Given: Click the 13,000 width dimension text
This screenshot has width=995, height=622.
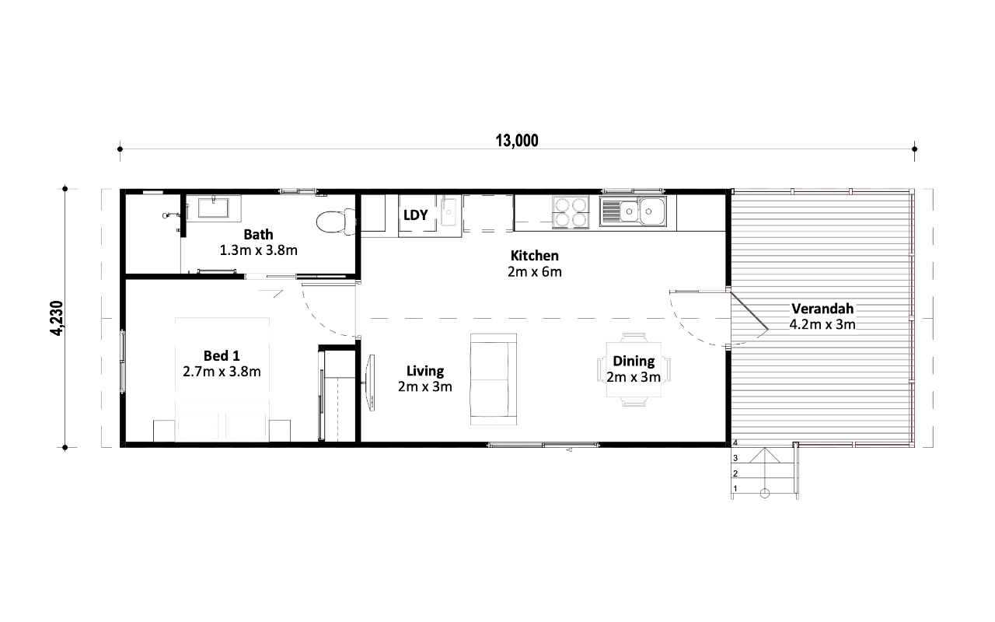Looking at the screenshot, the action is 517,141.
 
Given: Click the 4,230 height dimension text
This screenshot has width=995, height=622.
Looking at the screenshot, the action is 57,318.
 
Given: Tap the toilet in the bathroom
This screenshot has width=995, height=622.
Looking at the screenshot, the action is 336,222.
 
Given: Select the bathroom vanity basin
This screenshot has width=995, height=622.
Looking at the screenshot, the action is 213,208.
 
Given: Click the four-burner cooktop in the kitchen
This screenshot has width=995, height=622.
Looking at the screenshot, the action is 571,212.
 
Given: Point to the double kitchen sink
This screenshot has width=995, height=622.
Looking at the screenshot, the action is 633,211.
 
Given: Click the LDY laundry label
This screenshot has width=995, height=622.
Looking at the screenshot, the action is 415,215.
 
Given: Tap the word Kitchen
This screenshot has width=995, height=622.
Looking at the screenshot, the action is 534,256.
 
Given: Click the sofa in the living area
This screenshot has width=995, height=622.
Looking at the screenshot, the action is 494,379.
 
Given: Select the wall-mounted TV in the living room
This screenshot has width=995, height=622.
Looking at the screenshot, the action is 370,383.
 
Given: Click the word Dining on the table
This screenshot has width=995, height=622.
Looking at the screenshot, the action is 634,362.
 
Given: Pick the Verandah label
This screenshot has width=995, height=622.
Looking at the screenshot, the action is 822,309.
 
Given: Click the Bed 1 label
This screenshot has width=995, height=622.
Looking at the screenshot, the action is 222,355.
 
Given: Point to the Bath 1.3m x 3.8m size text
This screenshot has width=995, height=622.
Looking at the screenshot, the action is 259,250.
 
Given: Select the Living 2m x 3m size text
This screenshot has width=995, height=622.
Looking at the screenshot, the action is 424,386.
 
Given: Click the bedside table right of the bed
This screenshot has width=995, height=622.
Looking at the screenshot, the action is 280,431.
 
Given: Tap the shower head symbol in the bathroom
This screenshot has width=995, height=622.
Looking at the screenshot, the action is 166,216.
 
